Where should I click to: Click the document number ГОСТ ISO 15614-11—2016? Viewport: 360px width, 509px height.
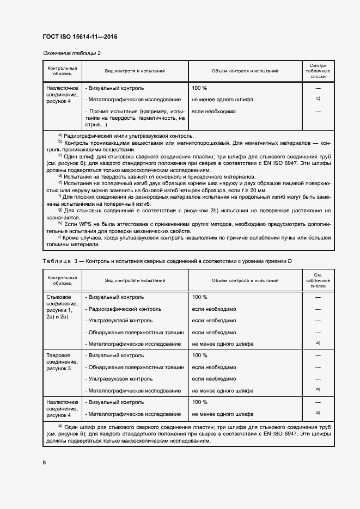click(x=80, y=37)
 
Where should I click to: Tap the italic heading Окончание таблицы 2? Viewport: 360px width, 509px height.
click(x=71, y=53)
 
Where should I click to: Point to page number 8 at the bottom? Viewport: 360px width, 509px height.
click(x=44, y=462)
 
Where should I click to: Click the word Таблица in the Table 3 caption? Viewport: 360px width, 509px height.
click(x=54, y=261)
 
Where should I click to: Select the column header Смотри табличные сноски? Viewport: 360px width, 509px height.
click(x=318, y=71)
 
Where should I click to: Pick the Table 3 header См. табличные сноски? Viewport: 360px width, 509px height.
click(x=318, y=280)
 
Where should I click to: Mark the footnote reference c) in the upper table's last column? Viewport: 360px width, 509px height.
click(x=318, y=99)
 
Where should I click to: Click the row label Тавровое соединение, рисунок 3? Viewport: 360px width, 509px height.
click(x=62, y=361)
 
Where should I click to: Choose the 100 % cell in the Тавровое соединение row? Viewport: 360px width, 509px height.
click(x=199, y=355)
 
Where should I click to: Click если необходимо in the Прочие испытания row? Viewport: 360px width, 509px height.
click(x=213, y=111)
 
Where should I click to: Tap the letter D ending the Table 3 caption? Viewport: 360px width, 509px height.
click(x=290, y=261)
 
